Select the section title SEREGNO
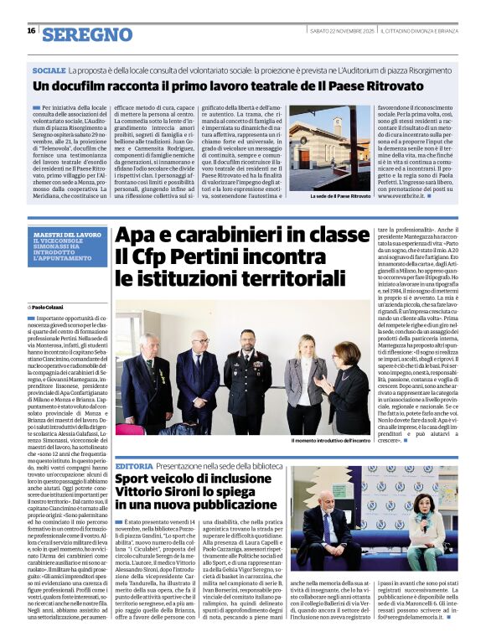87,34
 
